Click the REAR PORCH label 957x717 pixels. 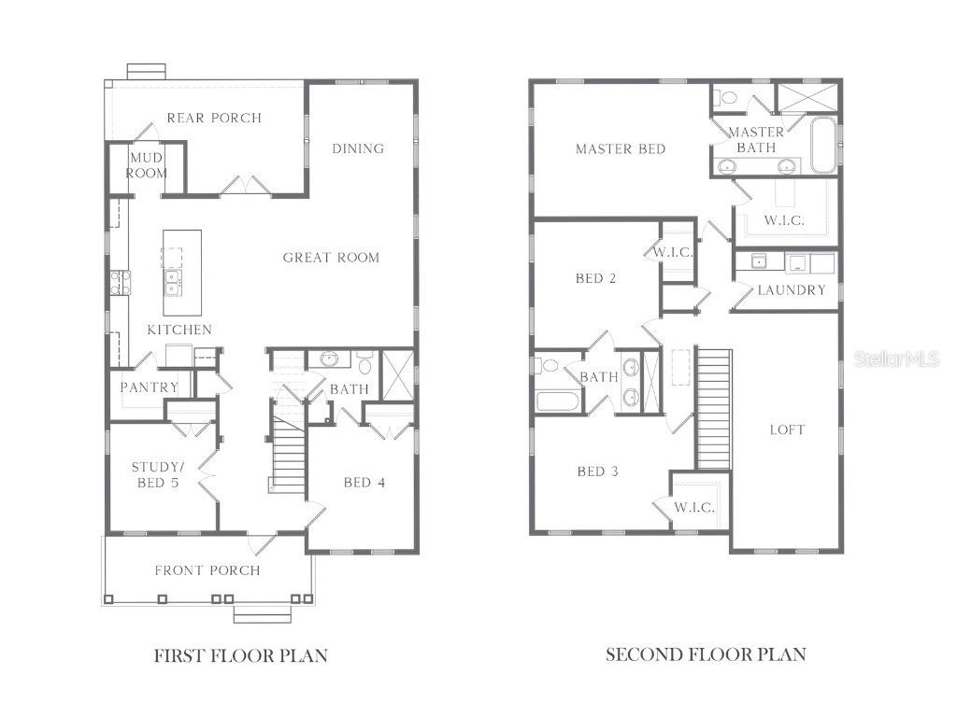214,118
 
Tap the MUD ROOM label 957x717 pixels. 147,165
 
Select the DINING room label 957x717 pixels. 358,148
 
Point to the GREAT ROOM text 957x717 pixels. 331,258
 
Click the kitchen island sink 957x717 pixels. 173,281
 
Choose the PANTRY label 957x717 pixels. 150,387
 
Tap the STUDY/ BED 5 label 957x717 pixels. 155,474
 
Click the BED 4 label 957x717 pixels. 364,483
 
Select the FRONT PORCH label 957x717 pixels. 207,570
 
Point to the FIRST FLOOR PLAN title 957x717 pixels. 240,655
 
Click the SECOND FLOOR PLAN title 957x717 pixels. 706,654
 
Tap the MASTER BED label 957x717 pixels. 621,149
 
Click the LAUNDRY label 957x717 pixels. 792,290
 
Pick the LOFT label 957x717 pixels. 787,429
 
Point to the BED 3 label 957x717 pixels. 597,471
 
